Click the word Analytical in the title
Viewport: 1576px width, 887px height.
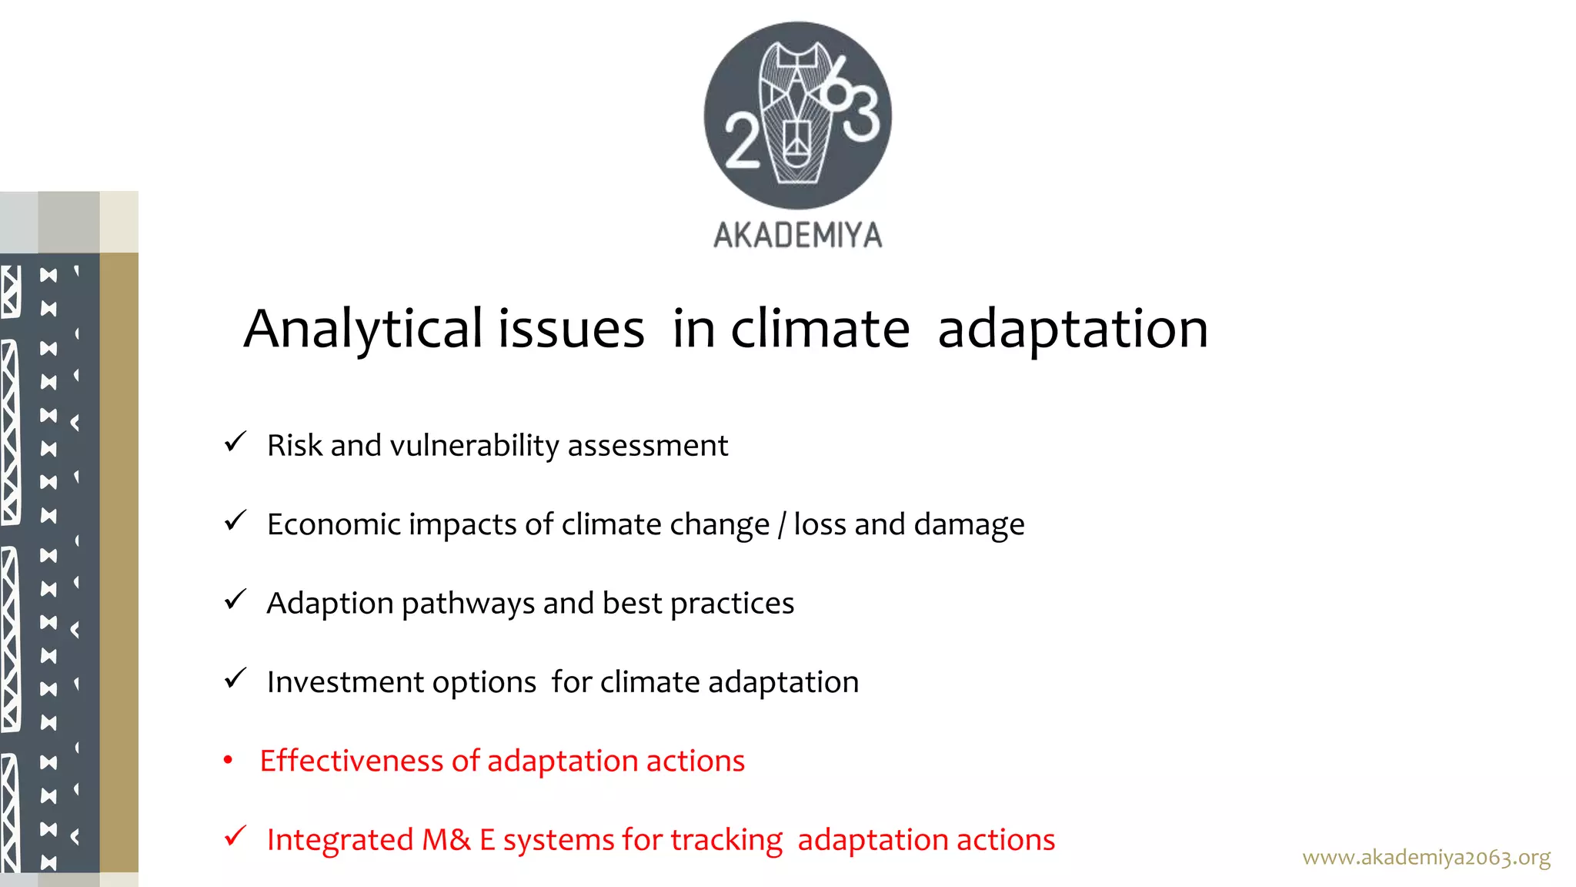tap(363, 330)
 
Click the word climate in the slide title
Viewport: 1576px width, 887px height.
tap(820, 330)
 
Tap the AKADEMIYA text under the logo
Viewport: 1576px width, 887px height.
tap(798, 235)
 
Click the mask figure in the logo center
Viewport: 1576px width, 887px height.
tap(796, 114)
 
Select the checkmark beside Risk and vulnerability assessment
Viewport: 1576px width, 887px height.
tap(235, 442)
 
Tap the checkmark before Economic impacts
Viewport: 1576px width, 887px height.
tap(235, 521)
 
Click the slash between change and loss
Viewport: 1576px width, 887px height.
tap(781, 525)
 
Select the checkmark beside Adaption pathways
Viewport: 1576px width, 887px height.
tap(235, 600)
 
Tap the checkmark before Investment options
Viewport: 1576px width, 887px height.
tap(235, 678)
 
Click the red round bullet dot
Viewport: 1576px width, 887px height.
tap(228, 761)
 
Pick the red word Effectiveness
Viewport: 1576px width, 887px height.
tap(352, 761)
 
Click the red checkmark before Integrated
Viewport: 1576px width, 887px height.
tap(235, 836)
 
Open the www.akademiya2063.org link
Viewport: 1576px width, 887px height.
tap(1426, 857)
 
